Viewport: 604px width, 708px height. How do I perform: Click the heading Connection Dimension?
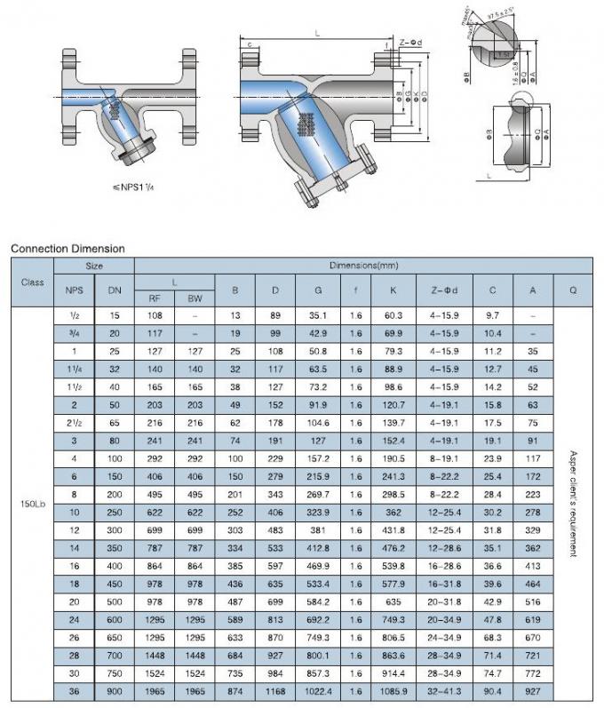coord(68,249)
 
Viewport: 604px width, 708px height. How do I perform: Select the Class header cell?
coord(32,282)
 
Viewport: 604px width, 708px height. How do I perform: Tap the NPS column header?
coord(73,290)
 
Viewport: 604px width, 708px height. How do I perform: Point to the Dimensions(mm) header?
coord(362,266)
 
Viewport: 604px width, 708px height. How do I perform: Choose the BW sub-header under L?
coord(195,298)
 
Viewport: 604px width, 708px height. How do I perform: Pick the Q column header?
coord(572,290)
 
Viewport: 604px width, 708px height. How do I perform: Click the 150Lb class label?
coord(32,505)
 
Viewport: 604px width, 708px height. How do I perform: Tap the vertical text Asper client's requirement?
coord(573,503)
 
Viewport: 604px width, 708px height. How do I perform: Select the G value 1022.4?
coord(317,691)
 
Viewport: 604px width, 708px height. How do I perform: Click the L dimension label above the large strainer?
coord(317,33)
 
